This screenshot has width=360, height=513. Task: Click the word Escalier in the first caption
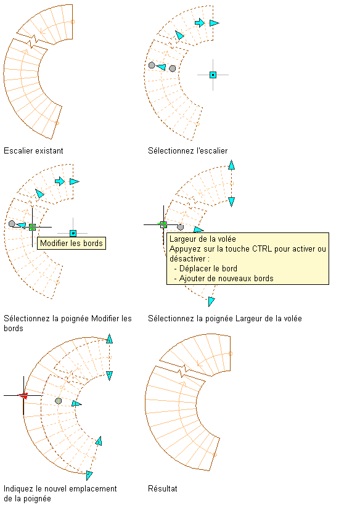coord(15,150)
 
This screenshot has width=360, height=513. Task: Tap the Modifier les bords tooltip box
coord(72,243)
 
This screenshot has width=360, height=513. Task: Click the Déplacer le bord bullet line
coord(206,269)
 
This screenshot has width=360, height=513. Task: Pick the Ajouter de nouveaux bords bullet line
coord(224,279)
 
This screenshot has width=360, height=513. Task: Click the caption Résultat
coord(163,488)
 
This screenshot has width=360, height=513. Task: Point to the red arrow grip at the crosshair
coord(23,396)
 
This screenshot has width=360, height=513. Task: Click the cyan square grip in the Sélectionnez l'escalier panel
coord(213,75)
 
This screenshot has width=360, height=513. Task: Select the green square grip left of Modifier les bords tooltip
coord(32,227)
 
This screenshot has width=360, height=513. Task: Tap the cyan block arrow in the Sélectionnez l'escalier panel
coord(200,23)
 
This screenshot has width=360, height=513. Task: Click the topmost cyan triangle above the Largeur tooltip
coord(232,165)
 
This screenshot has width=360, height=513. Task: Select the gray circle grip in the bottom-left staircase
coord(58,401)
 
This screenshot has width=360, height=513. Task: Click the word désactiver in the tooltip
coord(187,258)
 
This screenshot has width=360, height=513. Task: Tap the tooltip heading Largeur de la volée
coord(203,239)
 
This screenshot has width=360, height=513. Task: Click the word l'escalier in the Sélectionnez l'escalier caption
coord(212,150)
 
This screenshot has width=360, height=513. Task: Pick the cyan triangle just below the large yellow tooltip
coord(211,301)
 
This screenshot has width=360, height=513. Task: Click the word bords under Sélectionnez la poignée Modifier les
coord(14,328)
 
